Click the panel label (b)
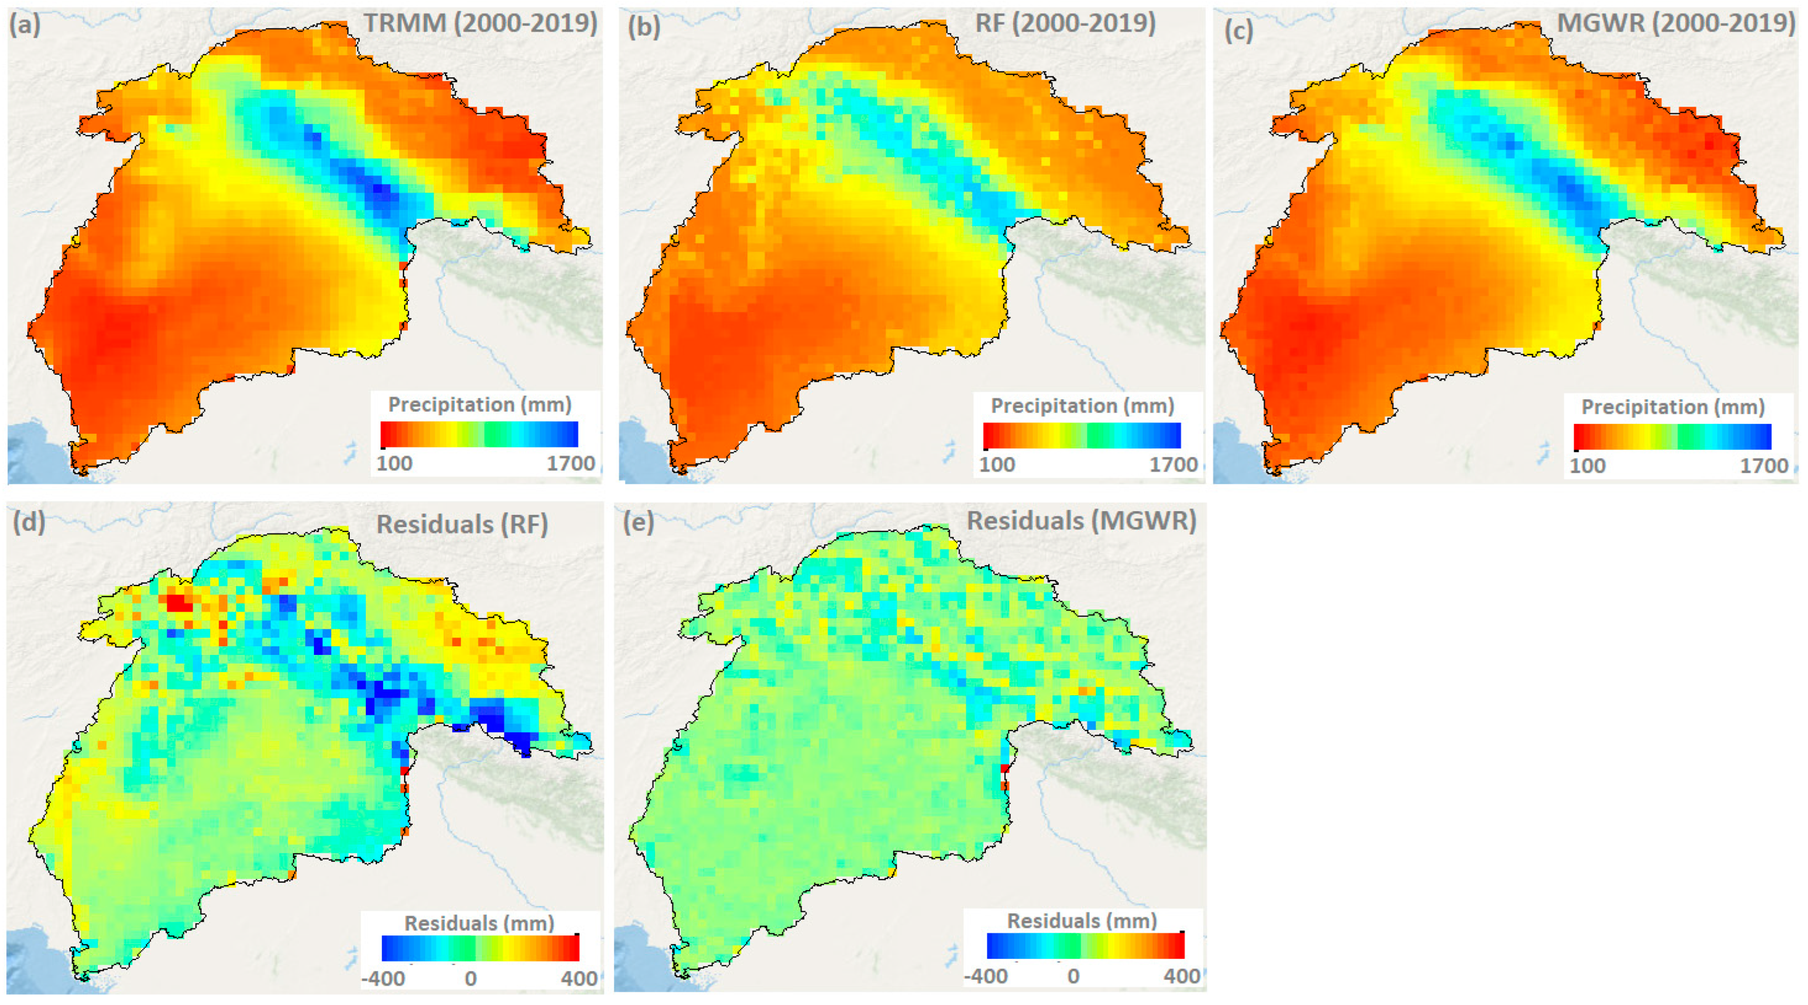[644, 27]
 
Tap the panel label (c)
[1239, 30]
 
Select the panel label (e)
[638, 522]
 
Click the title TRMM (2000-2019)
[480, 23]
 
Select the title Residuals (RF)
[462, 524]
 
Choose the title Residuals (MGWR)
[1081, 521]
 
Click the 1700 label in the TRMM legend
[571, 463]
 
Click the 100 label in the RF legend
[996, 465]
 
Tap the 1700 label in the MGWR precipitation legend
[1763, 466]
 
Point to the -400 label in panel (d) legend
[383, 978]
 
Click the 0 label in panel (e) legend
[1073, 976]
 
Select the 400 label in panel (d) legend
[579, 978]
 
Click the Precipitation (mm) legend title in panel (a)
[480, 405]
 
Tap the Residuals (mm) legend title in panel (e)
[1082, 921]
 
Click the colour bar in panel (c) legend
[1672, 437]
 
